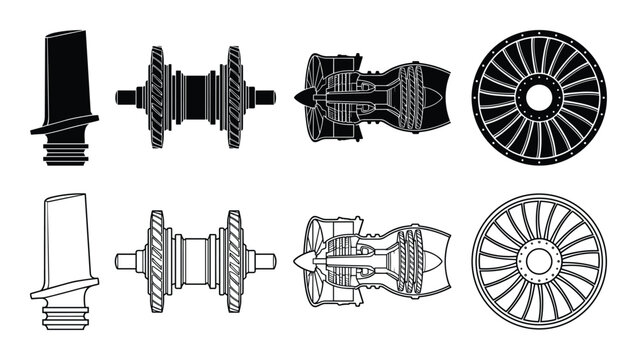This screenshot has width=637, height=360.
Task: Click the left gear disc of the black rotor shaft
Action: point(157,97)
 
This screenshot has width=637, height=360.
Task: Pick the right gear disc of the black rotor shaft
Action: point(234,97)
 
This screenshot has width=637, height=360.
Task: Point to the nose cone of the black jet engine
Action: point(301,97)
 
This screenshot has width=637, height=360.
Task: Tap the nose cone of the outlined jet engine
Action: point(301,261)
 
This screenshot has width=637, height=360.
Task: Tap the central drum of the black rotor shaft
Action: point(196,97)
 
